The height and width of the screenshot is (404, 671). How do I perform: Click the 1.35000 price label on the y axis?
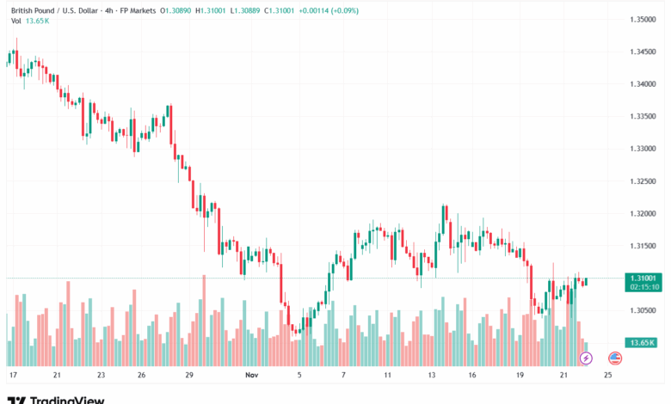pos(643,19)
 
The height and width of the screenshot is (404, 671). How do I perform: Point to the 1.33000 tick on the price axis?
pos(643,149)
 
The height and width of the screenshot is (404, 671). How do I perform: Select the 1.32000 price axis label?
pos(643,213)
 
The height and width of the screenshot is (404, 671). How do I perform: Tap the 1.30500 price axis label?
pos(643,310)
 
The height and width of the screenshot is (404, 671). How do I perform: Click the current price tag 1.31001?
pos(643,278)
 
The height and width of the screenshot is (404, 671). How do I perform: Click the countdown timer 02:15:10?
pos(643,287)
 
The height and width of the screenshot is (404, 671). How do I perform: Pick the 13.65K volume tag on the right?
pos(643,342)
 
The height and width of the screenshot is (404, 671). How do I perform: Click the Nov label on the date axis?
pos(252,376)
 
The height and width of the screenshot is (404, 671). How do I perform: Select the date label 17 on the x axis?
pos(13,376)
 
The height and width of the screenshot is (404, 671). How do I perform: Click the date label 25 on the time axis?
pos(607,376)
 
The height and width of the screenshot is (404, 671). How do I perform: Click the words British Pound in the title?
pos(31,10)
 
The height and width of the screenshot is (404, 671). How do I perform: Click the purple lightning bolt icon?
pos(587,358)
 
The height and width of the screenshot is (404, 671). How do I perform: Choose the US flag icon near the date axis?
pos(615,358)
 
